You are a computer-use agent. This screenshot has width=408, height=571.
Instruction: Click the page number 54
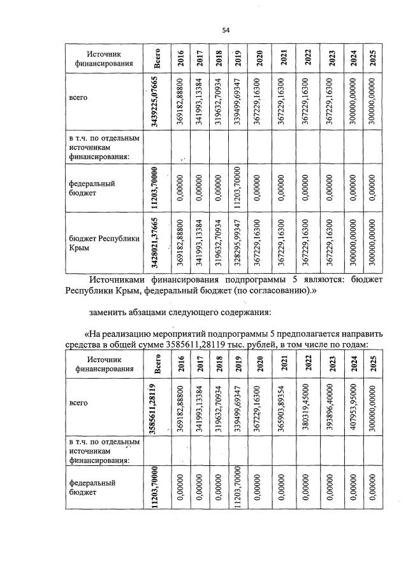(225, 30)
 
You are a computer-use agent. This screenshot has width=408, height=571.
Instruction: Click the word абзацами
(157, 312)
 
